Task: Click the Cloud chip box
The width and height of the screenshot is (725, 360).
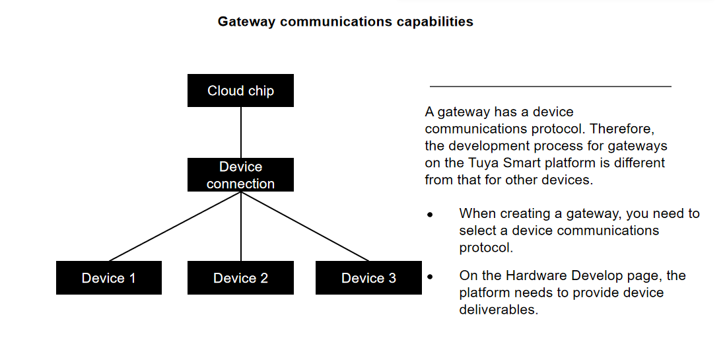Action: pyautogui.click(x=240, y=90)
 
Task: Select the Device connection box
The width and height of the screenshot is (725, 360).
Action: pyautogui.click(x=240, y=175)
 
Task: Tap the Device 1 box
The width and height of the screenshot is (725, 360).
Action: pyautogui.click(x=108, y=277)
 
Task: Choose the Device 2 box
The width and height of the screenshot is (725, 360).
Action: pyautogui.click(x=240, y=277)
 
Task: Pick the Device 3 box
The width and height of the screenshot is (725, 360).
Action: pyautogui.click(x=368, y=277)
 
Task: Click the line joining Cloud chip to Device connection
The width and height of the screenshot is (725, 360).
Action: pyautogui.click(x=240, y=132)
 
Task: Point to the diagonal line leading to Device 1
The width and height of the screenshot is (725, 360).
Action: pyautogui.click(x=175, y=226)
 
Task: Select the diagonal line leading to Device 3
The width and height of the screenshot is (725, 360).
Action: pyautogui.click(x=304, y=226)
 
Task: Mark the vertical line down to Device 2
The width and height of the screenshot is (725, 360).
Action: pyautogui.click(x=240, y=228)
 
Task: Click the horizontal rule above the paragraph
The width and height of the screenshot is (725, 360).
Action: pyautogui.click(x=550, y=87)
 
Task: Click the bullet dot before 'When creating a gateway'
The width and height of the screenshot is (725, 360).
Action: pyautogui.click(x=429, y=215)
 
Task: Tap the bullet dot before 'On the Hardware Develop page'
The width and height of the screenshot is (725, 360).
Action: pyautogui.click(x=429, y=277)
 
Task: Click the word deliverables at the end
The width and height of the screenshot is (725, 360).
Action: pyautogui.click(x=499, y=310)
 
